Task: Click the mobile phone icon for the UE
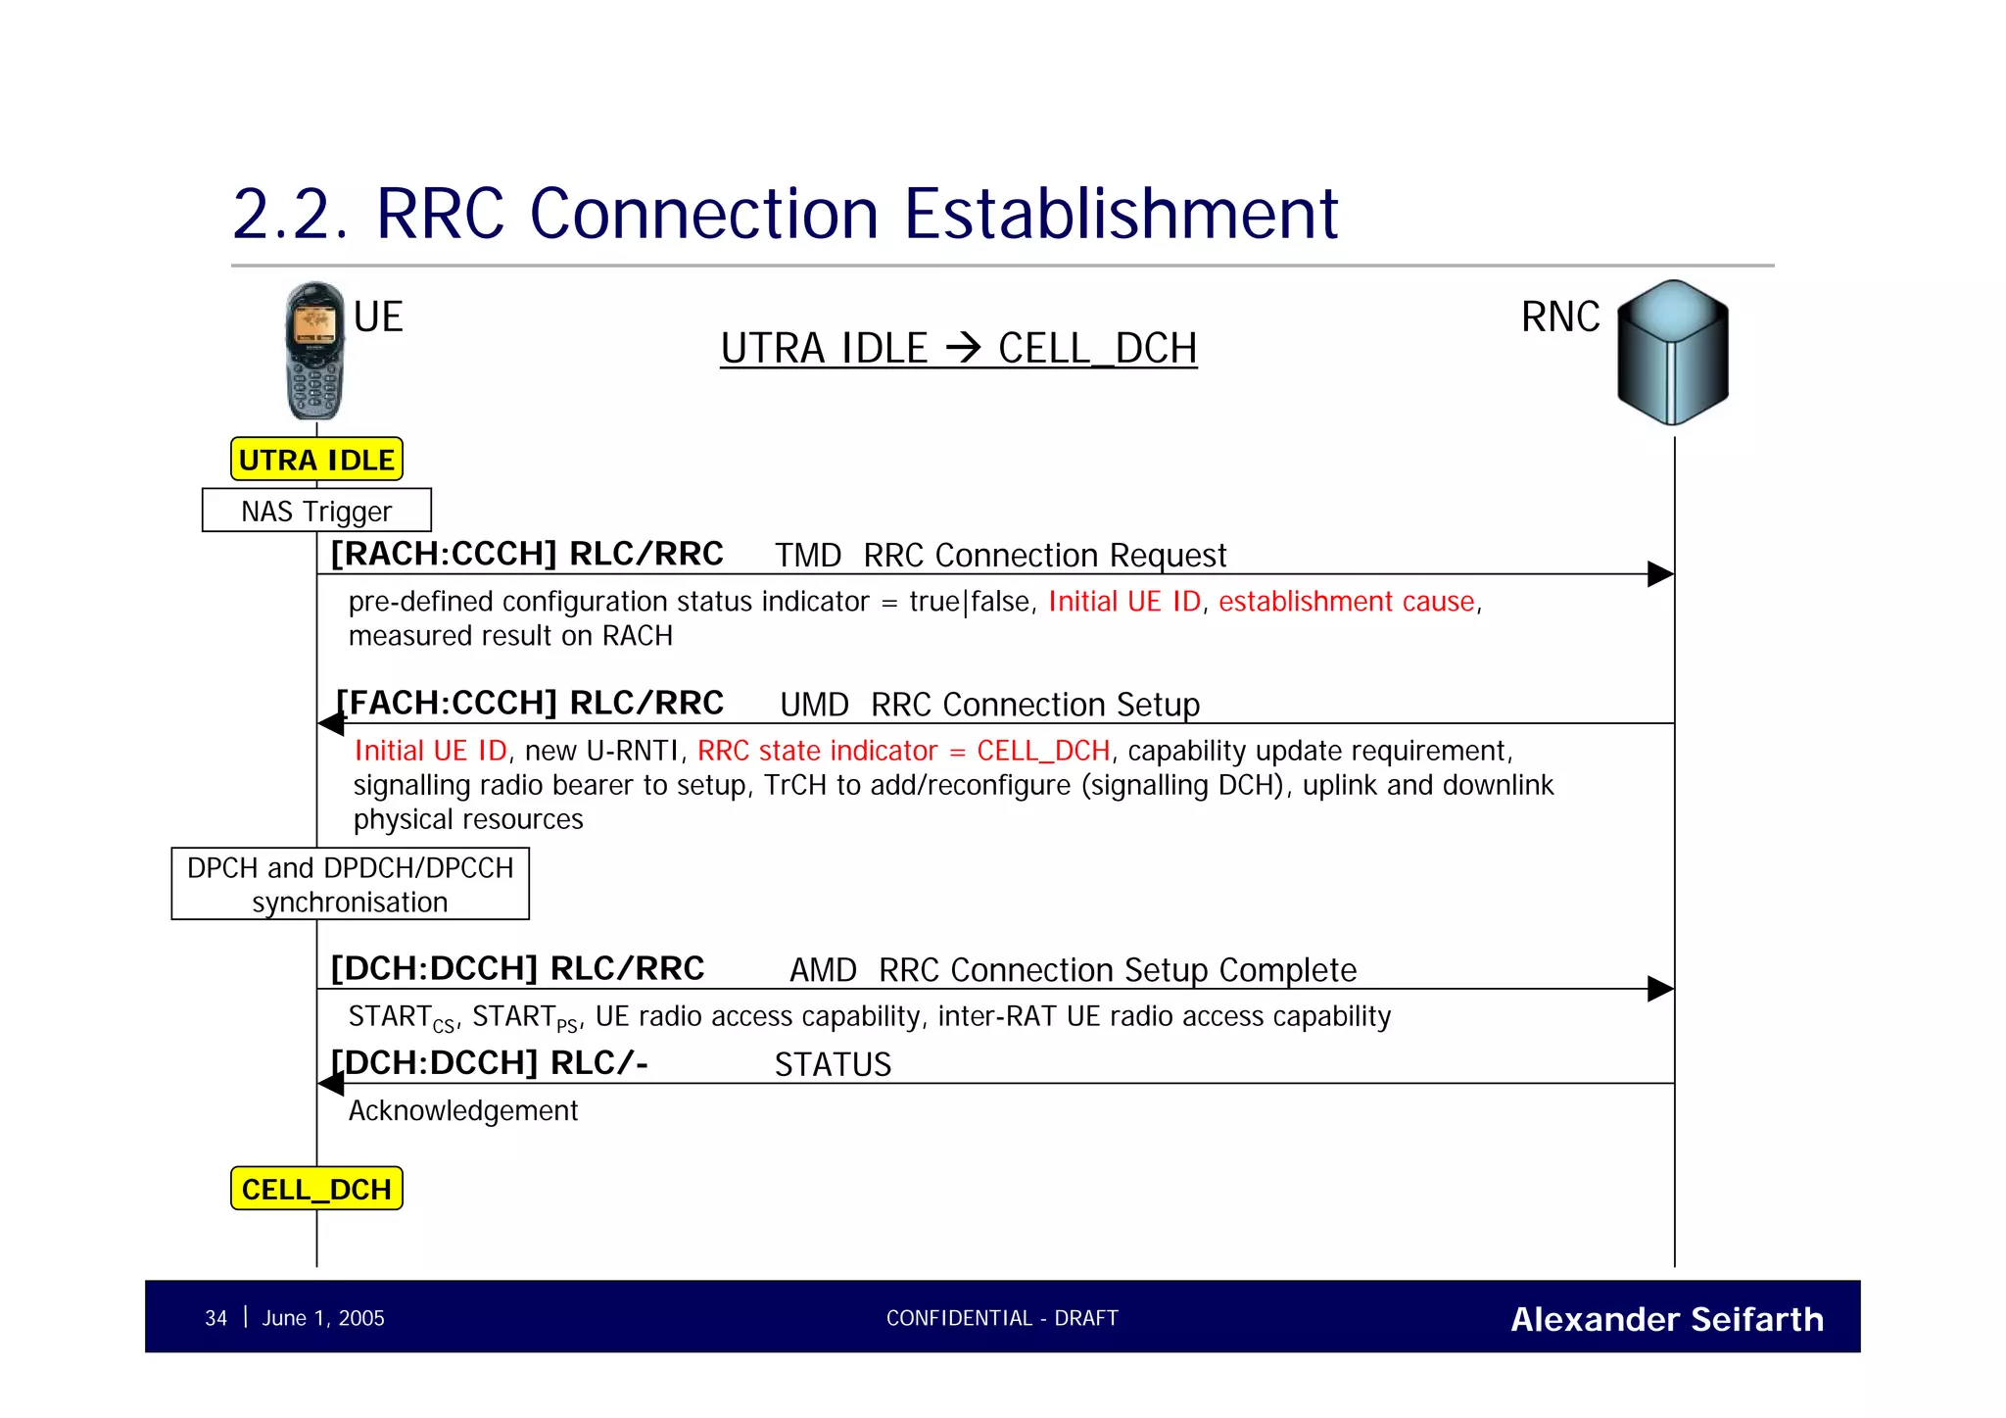(x=314, y=350)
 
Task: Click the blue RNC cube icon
(x=1672, y=352)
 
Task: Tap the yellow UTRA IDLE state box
(x=316, y=459)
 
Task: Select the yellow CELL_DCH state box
(x=316, y=1188)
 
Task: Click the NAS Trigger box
(x=316, y=511)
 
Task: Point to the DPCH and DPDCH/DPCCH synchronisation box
(x=350, y=884)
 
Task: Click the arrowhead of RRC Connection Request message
(x=1660, y=574)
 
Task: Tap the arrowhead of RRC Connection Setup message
(x=331, y=724)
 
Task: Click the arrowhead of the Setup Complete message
(x=1660, y=989)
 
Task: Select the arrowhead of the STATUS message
(x=331, y=1084)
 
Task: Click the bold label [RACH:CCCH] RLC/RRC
(x=527, y=554)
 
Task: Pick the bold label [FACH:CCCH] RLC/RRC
(x=529, y=703)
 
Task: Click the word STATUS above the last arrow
(x=833, y=1064)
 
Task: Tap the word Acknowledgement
(x=463, y=1110)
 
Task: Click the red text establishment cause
(x=1347, y=601)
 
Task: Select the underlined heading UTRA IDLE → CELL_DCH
(x=958, y=348)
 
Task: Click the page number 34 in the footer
(x=215, y=1318)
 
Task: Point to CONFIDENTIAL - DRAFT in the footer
(x=1002, y=1318)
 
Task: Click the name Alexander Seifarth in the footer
(x=1667, y=1319)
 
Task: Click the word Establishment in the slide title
(x=1121, y=214)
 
